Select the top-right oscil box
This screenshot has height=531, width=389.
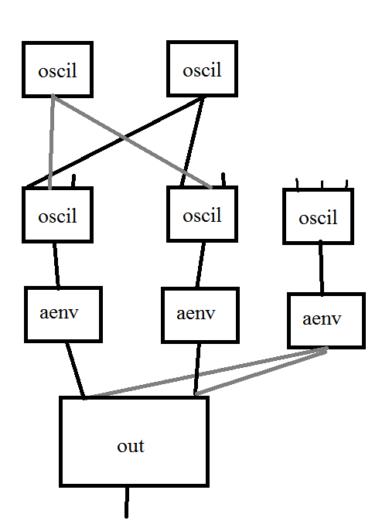pos(202,70)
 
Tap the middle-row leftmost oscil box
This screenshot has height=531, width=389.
pos(58,215)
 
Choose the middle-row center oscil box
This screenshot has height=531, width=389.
pos(202,215)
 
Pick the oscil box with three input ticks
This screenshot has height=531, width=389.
pos(318,217)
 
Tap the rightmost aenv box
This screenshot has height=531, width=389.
pos(325,319)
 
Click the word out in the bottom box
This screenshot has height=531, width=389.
pos(131,446)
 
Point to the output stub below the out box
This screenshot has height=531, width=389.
pos(127,502)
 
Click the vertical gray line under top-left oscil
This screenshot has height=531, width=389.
pos(52,142)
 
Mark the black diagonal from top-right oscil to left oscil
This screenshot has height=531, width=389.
pos(116,142)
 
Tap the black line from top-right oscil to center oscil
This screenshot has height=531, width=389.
pos(193,142)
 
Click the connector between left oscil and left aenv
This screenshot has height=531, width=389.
pos(56,265)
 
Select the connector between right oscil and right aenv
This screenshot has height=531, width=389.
pos(320,267)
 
